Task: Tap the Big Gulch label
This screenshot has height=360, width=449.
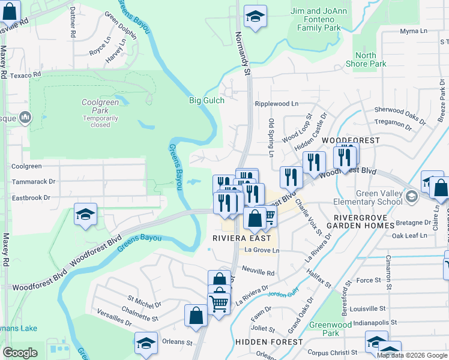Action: (x=206, y=100)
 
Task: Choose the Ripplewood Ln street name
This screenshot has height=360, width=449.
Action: (x=276, y=104)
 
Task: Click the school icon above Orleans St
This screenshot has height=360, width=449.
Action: (x=146, y=343)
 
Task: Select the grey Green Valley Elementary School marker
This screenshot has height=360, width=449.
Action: (x=411, y=196)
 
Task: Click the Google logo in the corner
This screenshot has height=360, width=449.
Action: (x=20, y=352)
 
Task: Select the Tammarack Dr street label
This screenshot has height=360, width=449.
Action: (x=34, y=181)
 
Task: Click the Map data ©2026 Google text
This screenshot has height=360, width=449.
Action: (x=411, y=355)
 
